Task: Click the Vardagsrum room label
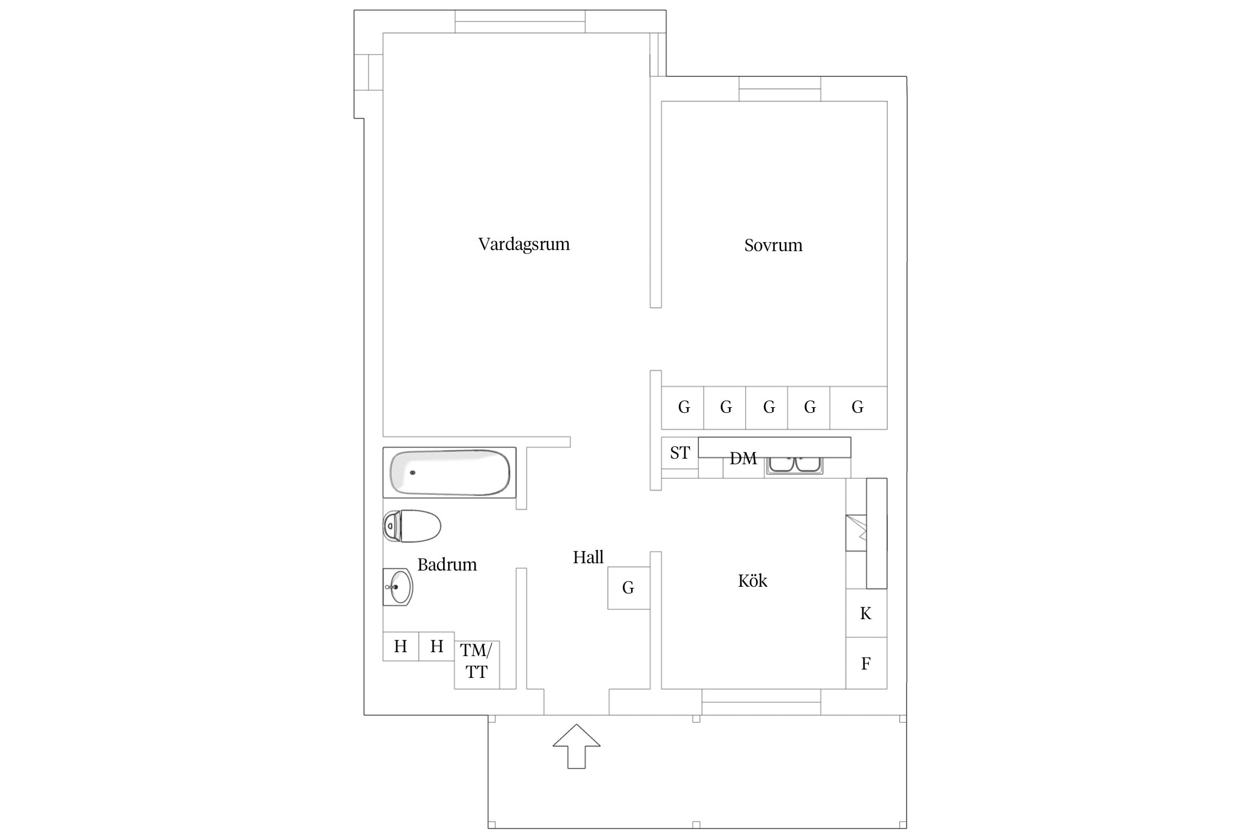pos(524,244)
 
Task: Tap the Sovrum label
pos(773,245)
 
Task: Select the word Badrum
pos(447,564)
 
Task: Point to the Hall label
pos(588,557)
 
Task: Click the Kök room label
pos(753,581)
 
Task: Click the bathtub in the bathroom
pos(449,473)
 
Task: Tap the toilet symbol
pos(412,526)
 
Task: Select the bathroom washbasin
pos(398,587)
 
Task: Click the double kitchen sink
pos(795,465)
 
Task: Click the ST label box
pos(680,453)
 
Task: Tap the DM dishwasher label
pos(743,459)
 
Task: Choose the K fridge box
pos(866,613)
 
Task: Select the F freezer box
pos(866,663)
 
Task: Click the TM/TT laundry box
pos(477,664)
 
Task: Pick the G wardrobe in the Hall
pos(628,588)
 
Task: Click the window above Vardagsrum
pos(520,22)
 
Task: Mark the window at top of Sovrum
pos(780,89)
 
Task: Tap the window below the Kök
pos(762,702)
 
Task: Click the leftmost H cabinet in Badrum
pos(401,647)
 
